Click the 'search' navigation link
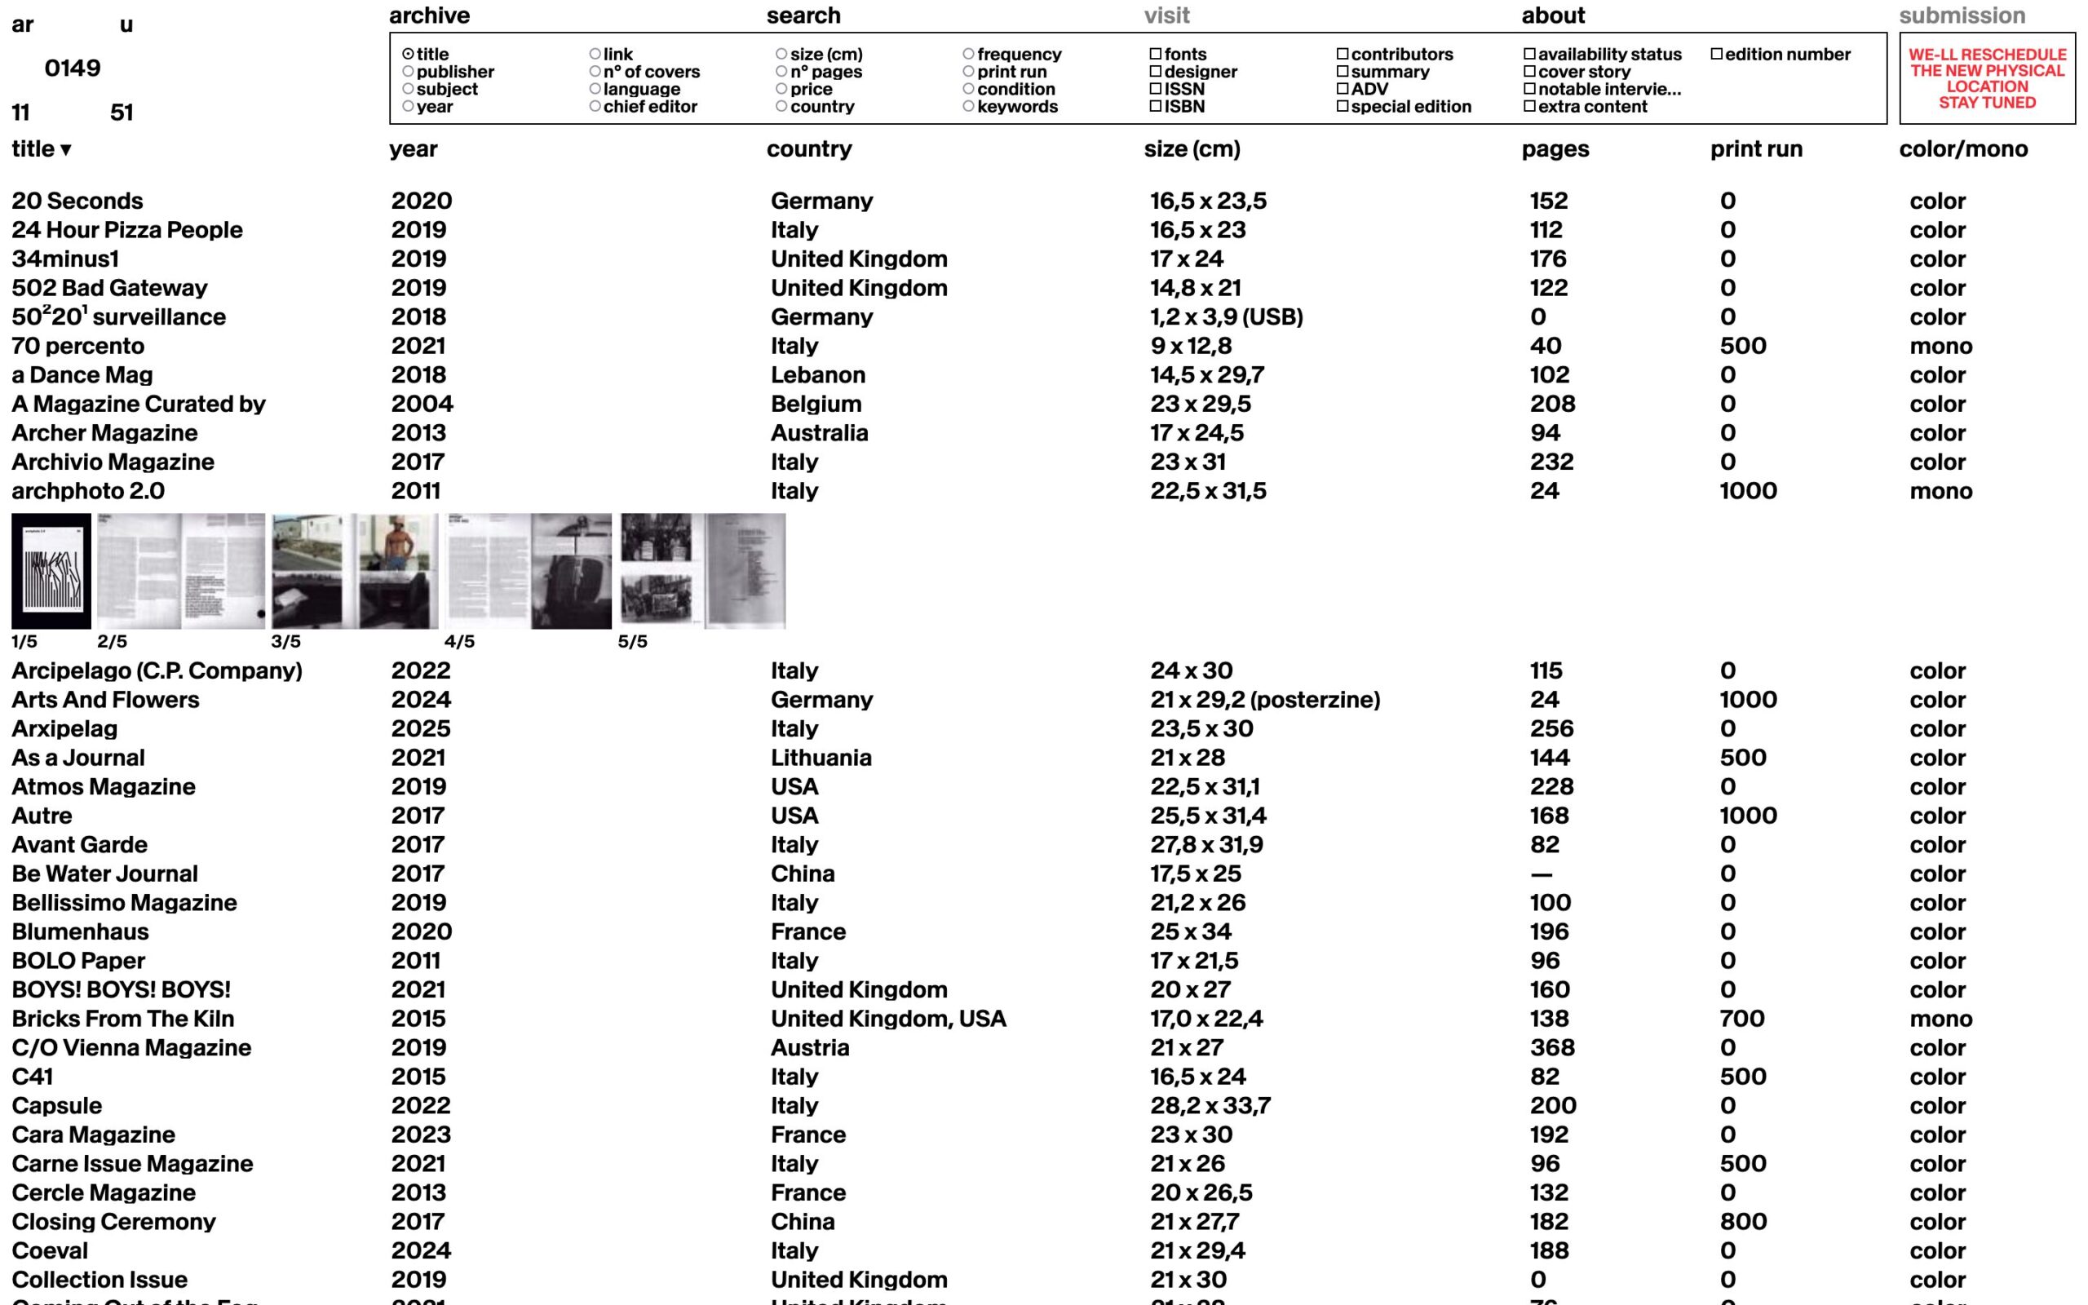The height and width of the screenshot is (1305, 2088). [x=803, y=15]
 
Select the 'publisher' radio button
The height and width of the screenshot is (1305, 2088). [x=408, y=72]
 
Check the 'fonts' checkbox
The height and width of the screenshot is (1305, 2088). [x=1155, y=55]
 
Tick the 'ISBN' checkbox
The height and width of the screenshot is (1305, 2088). [x=1155, y=107]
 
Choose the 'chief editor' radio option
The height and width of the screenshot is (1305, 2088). [x=595, y=107]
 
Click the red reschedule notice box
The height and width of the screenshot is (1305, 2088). [x=1986, y=78]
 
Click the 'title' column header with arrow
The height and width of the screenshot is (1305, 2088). [x=41, y=149]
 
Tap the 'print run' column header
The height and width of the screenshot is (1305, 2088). [x=1756, y=149]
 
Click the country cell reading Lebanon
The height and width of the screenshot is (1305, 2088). [x=817, y=375]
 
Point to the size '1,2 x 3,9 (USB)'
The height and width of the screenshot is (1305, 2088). [x=1225, y=317]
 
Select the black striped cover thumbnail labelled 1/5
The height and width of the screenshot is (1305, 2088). [x=51, y=572]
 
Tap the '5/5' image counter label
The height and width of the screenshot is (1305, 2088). [x=631, y=642]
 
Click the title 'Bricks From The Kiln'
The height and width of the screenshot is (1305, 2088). [x=122, y=1020]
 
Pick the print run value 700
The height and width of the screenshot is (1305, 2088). [x=1741, y=1020]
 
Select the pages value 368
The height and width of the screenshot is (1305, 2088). [x=1551, y=1048]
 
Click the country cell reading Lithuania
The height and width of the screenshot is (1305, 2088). [x=821, y=758]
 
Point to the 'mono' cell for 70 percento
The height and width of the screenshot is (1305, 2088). [x=1940, y=347]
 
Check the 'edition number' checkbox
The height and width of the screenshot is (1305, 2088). [x=1716, y=55]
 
